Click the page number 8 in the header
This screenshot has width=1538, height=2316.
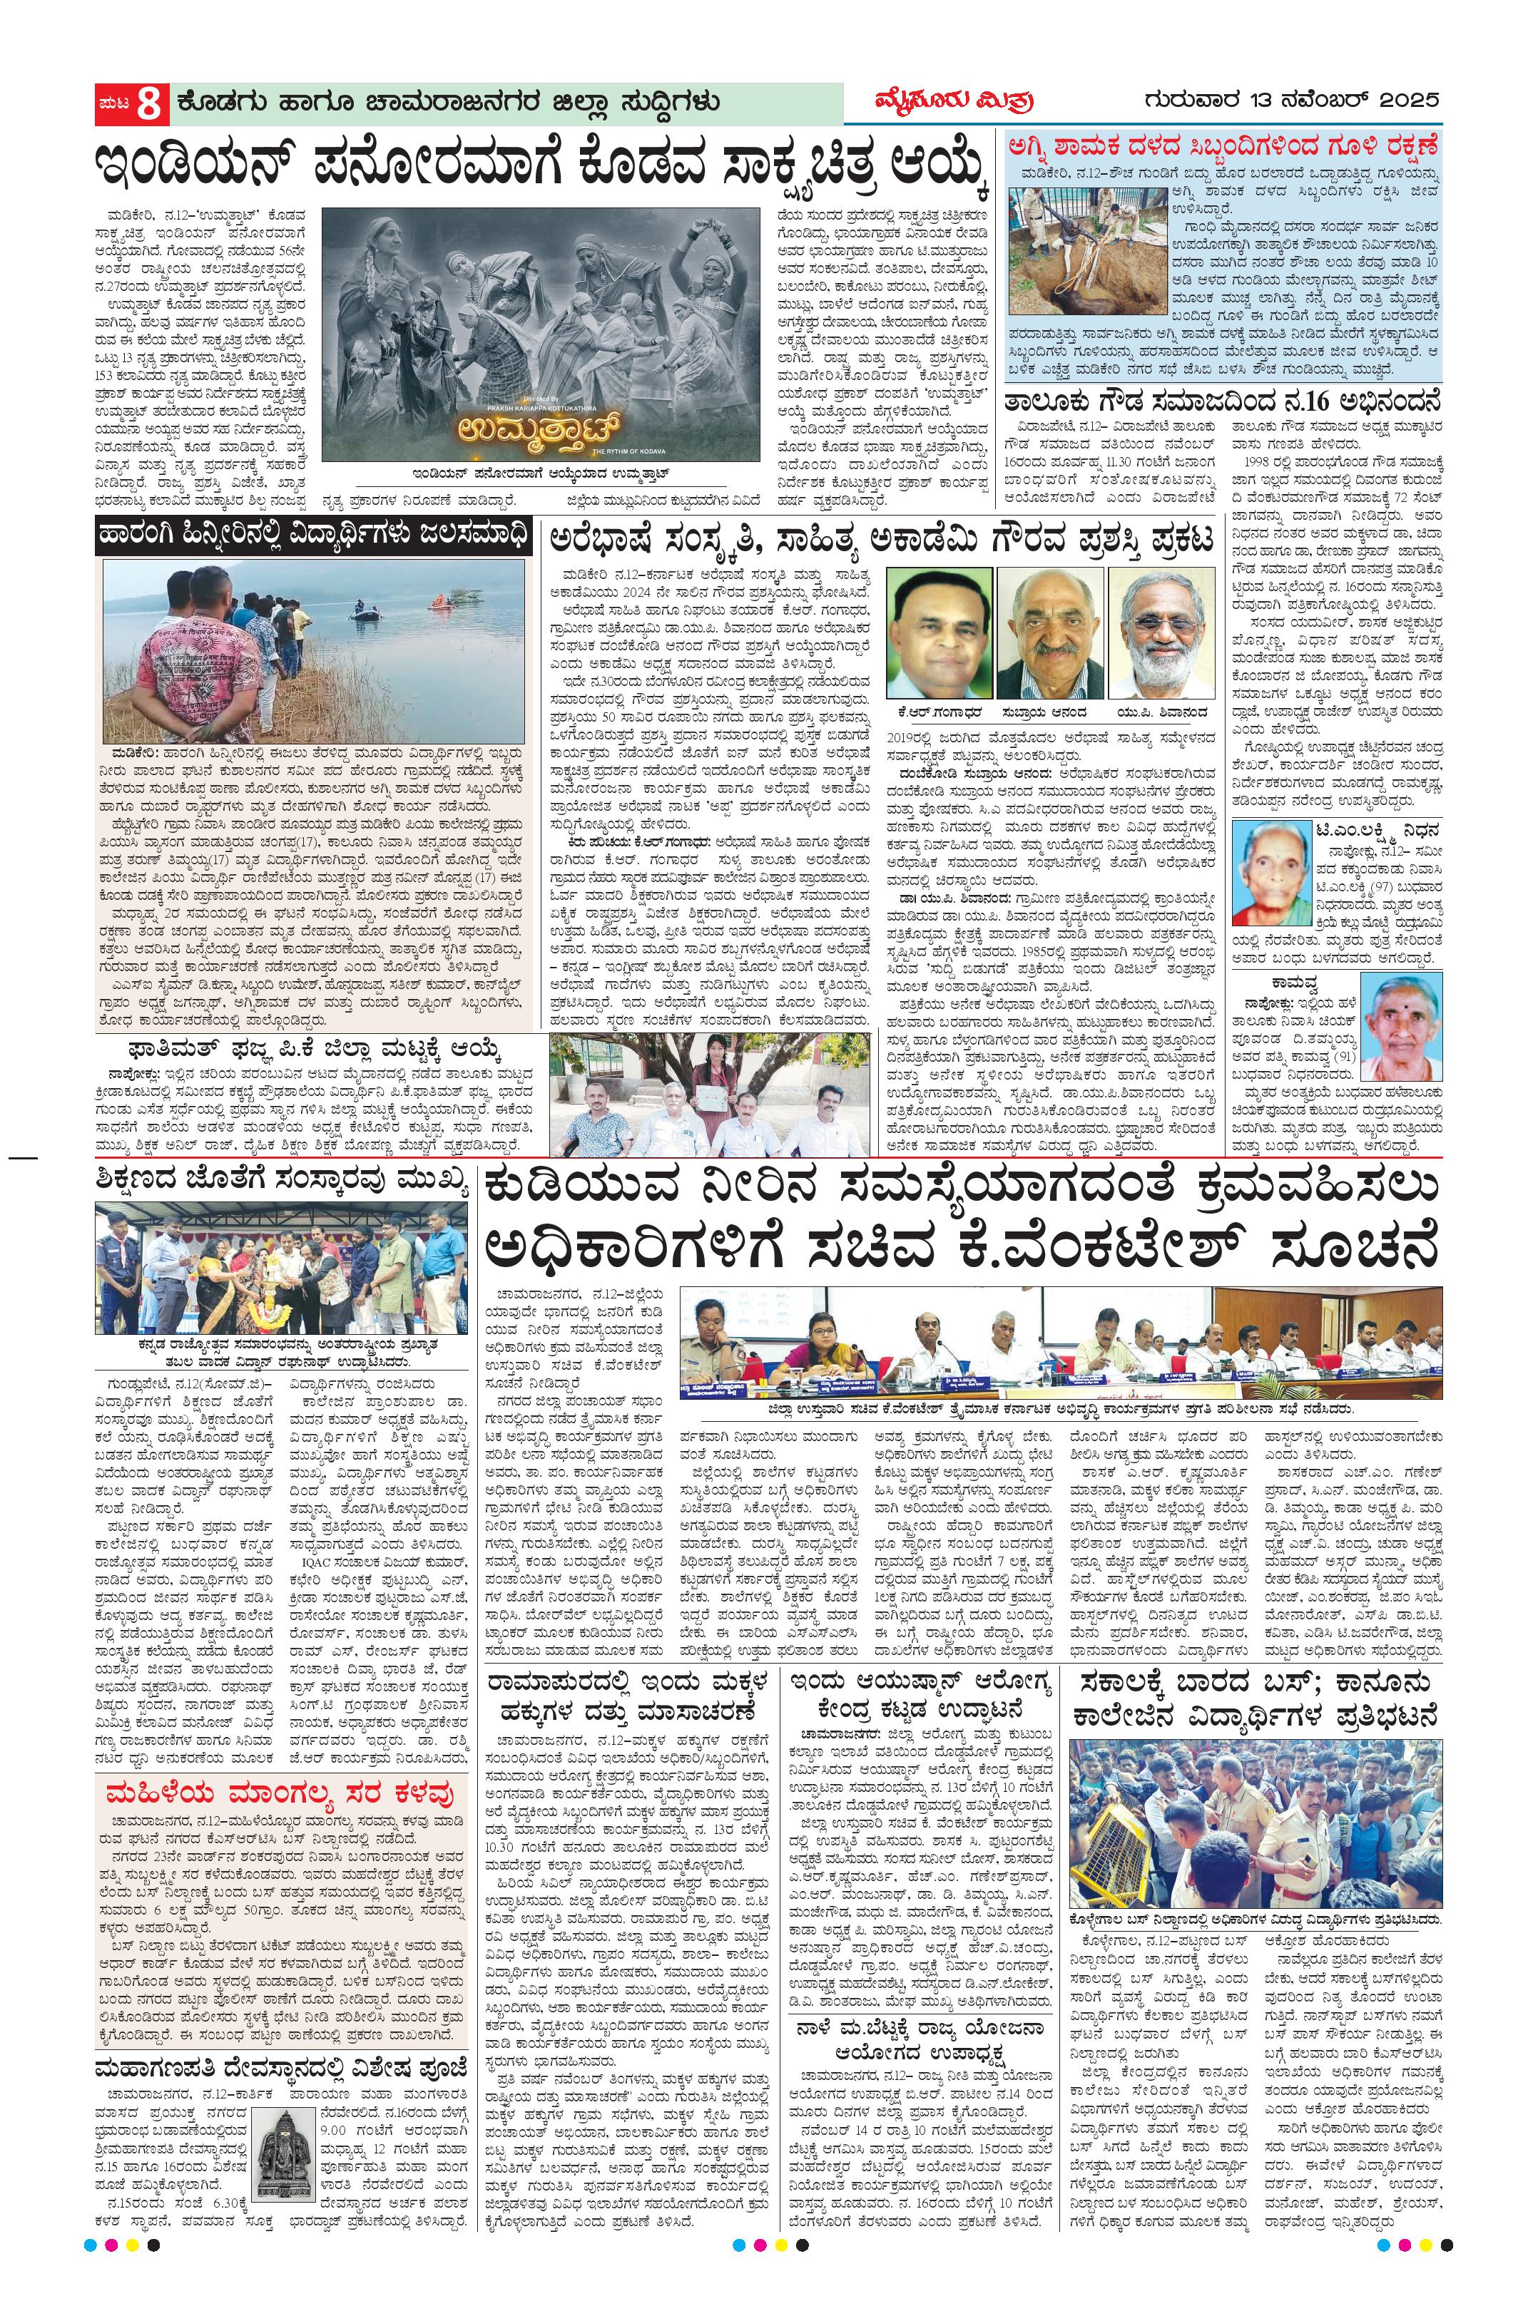(148, 105)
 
